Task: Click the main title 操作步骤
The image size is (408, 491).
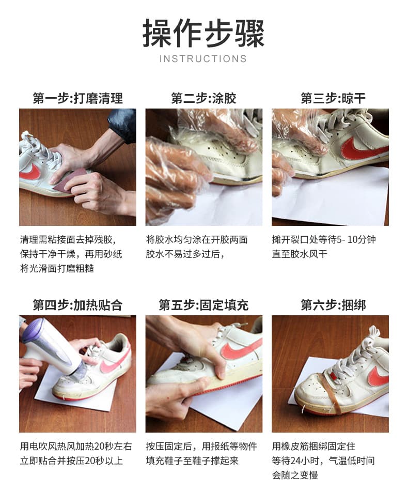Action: (x=203, y=33)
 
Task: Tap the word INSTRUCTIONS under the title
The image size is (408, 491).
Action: (x=203, y=58)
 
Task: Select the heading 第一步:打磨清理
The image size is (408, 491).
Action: (x=78, y=98)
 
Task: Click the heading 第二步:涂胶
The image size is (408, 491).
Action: (x=203, y=98)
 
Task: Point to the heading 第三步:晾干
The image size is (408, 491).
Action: (x=333, y=98)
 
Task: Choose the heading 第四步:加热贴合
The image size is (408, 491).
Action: (x=77, y=305)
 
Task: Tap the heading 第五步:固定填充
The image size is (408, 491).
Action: (x=203, y=305)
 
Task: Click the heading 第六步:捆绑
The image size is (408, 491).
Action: (x=333, y=305)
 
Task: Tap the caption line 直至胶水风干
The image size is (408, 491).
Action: (x=300, y=254)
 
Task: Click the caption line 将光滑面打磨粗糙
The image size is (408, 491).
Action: (x=57, y=268)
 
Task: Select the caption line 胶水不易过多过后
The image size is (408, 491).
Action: (x=185, y=254)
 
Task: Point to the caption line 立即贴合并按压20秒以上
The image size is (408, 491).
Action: (x=71, y=461)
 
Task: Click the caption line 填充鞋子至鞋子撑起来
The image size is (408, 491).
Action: (x=192, y=461)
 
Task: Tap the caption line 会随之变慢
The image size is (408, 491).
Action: (x=295, y=475)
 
